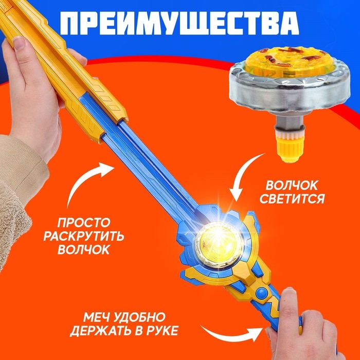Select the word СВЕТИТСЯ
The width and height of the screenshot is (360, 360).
(295, 199)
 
